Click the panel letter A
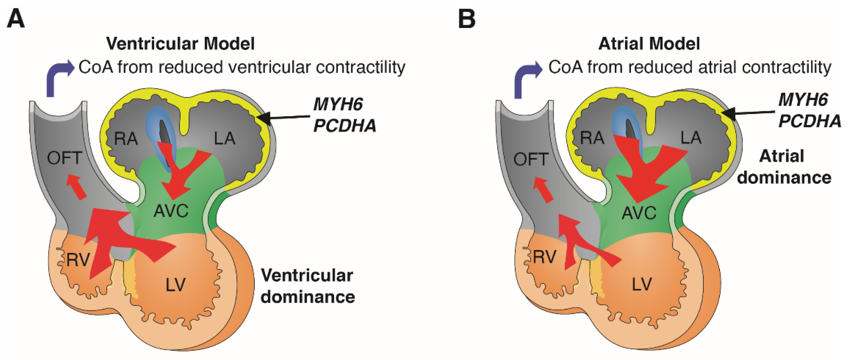click(16, 19)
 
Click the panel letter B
click(467, 19)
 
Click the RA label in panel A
click(126, 139)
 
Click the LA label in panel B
click(691, 137)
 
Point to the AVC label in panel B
click(639, 213)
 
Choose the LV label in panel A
click(175, 285)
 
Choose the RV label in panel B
click(545, 257)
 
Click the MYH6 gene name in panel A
click(338, 105)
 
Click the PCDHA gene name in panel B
click(809, 121)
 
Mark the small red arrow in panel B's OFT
click(543, 189)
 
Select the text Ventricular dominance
click(307, 286)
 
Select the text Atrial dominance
click(784, 167)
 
